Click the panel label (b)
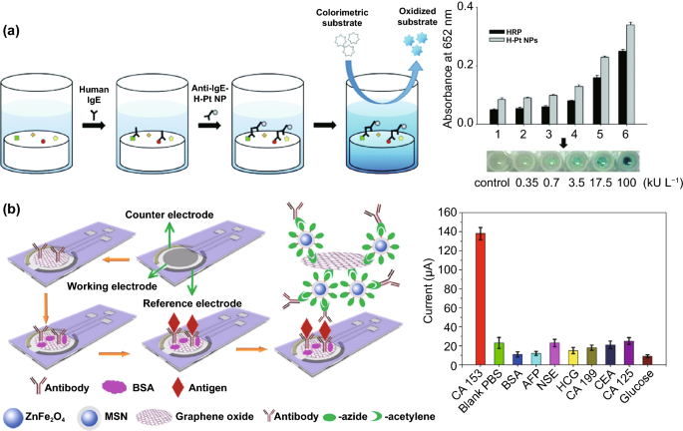12,212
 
